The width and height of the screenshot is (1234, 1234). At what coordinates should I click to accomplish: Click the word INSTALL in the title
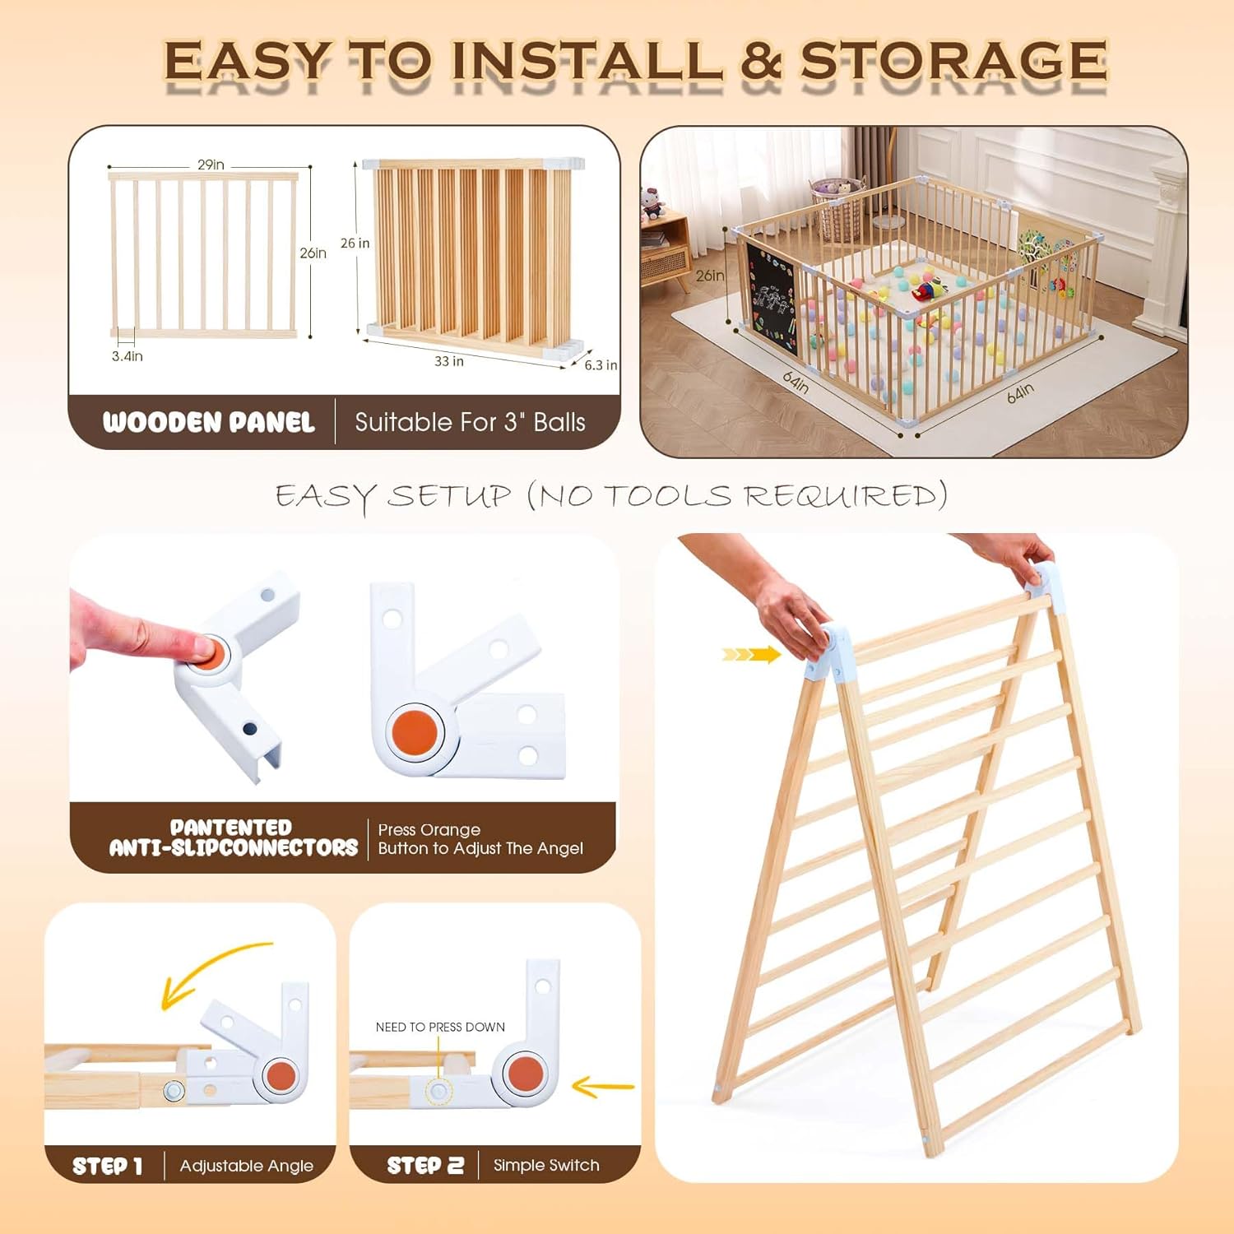(x=587, y=61)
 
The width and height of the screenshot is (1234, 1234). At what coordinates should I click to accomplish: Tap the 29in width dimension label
(x=211, y=165)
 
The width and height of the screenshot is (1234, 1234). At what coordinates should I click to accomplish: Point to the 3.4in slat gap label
(x=127, y=356)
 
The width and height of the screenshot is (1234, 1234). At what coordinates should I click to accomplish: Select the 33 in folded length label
(x=448, y=361)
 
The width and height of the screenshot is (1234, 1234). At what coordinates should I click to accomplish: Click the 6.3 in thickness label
(x=600, y=364)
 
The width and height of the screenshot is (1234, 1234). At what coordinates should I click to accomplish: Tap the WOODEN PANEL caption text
(x=208, y=422)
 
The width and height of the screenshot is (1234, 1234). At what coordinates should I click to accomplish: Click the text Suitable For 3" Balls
(x=470, y=422)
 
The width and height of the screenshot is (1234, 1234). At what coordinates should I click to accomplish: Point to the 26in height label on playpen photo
(x=709, y=276)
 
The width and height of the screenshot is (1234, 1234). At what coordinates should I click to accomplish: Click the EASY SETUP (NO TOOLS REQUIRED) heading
(x=611, y=496)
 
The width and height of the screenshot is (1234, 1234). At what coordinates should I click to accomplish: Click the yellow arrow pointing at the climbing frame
(x=751, y=655)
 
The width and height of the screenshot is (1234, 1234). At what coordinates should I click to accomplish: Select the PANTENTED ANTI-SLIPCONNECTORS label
(x=233, y=837)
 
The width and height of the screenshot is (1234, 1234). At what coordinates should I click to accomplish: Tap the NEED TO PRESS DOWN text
(x=440, y=1027)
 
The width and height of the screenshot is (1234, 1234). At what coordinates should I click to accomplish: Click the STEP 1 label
(x=107, y=1166)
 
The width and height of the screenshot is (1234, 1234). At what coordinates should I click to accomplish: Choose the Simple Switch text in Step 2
(x=546, y=1165)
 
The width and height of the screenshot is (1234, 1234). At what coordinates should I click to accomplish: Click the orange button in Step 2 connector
(x=525, y=1073)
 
